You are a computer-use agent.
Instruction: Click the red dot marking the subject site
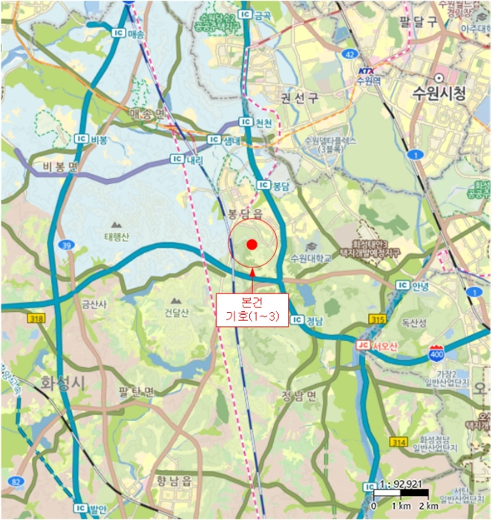click(x=252, y=244)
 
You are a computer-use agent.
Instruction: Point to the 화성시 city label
click(x=63, y=383)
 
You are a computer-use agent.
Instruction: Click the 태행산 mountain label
click(x=117, y=238)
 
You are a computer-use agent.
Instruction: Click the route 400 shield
click(x=437, y=351)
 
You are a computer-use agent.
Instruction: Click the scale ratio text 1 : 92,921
click(x=401, y=482)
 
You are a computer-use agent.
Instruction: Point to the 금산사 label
click(x=94, y=303)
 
